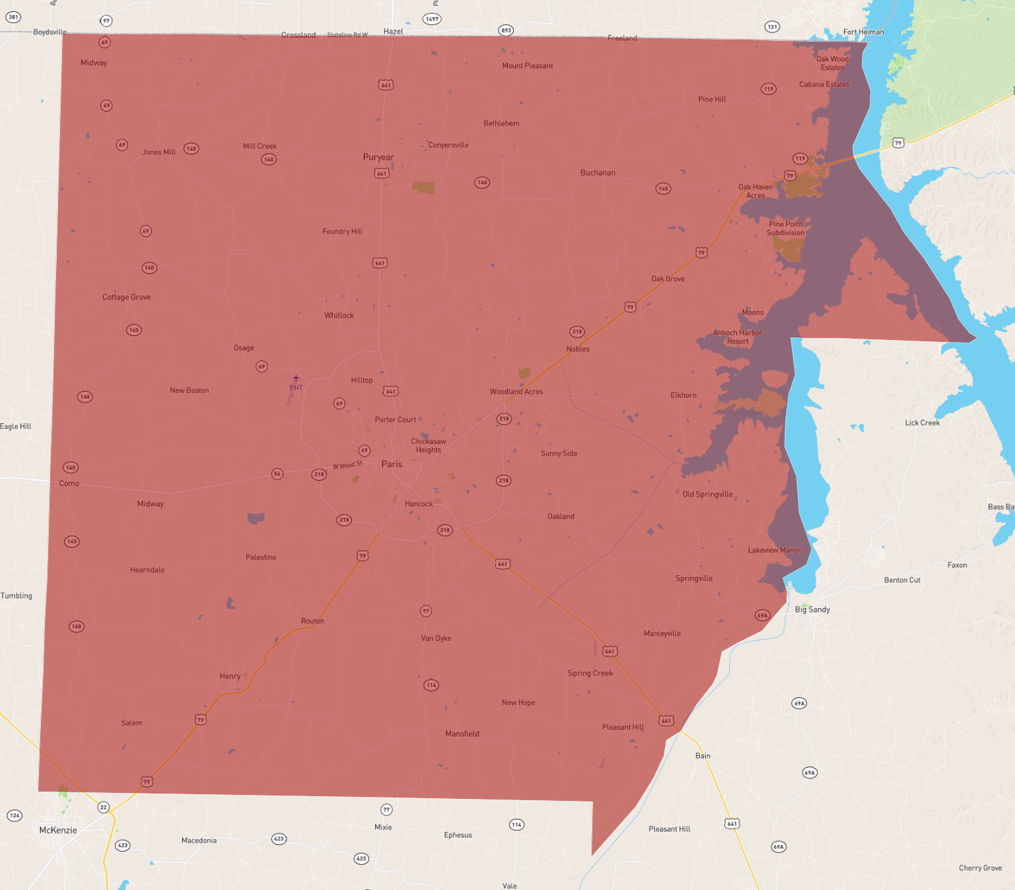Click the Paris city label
pyautogui.click(x=392, y=464)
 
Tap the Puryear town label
pyautogui.click(x=378, y=157)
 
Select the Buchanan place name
pyautogui.click(x=598, y=173)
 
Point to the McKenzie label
pyautogui.click(x=58, y=830)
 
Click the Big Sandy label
pyautogui.click(x=812, y=609)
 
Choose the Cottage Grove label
pyautogui.click(x=126, y=297)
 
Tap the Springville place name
pyautogui.click(x=694, y=578)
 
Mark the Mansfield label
pyautogui.click(x=462, y=734)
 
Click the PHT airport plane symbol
pyautogui.click(x=296, y=378)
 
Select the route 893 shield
pyautogui.click(x=506, y=30)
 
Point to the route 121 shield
pyautogui.click(x=772, y=27)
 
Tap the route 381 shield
pyautogui.click(x=13, y=17)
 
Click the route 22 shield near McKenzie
pyautogui.click(x=104, y=807)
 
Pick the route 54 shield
pyautogui.click(x=277, y=474)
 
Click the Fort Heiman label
pyautogui.click(x=863, y=32)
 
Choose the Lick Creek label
pyautogui.click(x=922, y=423)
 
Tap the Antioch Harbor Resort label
pyautogui.click(x=738, y=337)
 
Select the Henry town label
pyautogui.click(x=230, y=676)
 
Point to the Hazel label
pyautogui.click(x=393, y=31)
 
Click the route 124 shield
pyautogui.click(x=15, y=815)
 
